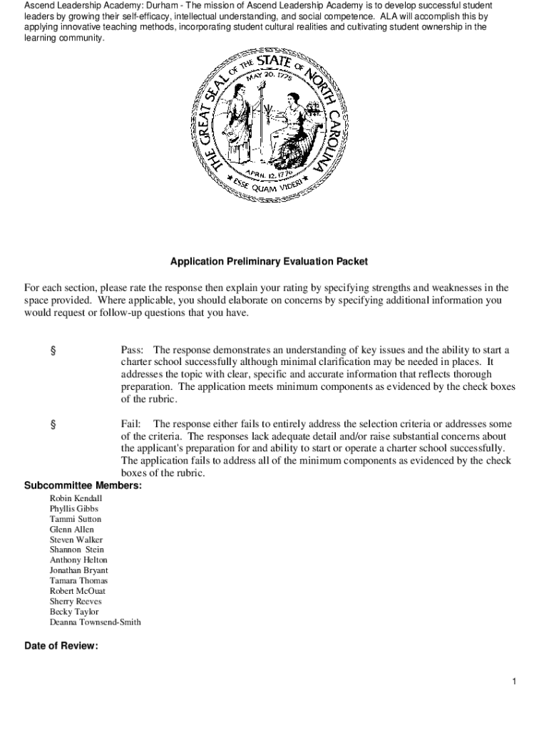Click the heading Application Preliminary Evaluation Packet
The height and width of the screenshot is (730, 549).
coord(269,262)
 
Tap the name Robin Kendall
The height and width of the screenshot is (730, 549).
coord(76,498)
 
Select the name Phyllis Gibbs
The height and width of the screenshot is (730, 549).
coord(74,509)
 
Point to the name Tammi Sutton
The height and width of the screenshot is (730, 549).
coord(76,519)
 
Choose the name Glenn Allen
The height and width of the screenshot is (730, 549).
coord(71,530)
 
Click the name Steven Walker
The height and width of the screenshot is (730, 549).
coord(76,540)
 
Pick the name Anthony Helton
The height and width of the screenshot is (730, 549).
coord(78,560)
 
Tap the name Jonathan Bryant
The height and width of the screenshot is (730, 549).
coord(79,570)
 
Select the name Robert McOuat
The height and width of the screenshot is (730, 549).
coord(78,591)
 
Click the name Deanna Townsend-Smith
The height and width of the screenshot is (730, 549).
coord(95,622)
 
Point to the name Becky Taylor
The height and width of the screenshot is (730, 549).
coord(74,612)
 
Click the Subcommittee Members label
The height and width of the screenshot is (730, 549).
coord(83,485)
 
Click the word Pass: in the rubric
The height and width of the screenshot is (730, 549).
coord(132,350)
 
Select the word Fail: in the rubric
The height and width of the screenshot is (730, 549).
coord(130,423)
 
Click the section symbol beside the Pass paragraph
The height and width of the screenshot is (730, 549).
coord(52,351)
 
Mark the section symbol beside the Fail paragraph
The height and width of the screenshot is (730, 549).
coord(52,424)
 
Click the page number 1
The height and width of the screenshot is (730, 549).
coord(513,682)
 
